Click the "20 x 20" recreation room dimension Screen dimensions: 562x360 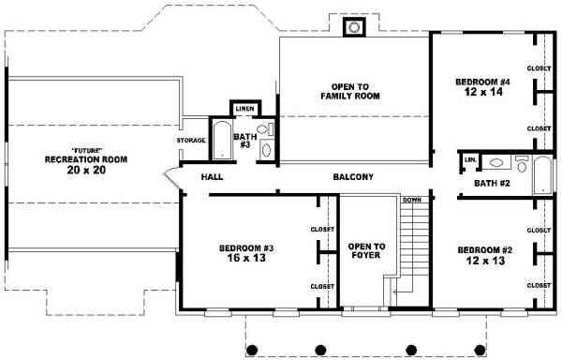[x=86, y=170]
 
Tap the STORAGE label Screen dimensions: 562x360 [x=191, y=141]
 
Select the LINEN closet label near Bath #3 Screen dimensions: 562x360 [x=245, y=109]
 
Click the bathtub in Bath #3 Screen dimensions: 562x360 [x=222, y=141]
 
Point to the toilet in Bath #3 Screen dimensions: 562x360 [x=265, y=129]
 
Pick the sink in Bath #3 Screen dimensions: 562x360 [x=266, y=150]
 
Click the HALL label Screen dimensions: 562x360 [x=213, y=177]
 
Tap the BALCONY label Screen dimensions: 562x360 [x=353, y=177]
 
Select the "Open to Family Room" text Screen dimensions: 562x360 [x=350, y=92]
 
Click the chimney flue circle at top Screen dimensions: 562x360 [x=354, y=27]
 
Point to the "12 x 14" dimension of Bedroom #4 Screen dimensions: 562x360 [x=483, y=92]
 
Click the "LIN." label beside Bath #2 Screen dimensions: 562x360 [x=470, y=160]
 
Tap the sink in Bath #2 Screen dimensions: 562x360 [x=496, y=163]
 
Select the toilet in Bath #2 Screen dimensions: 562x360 [x=522, y=163]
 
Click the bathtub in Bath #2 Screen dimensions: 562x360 [x=542, y=175]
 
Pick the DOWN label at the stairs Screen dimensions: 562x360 [x=412, y=200]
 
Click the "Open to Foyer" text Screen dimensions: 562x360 [x=366, y=250]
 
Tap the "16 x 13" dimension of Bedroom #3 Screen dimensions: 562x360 [x=246, y=258]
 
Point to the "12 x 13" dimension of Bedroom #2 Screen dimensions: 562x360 [x=485, y=261]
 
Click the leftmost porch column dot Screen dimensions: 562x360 [x=252, y=350]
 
